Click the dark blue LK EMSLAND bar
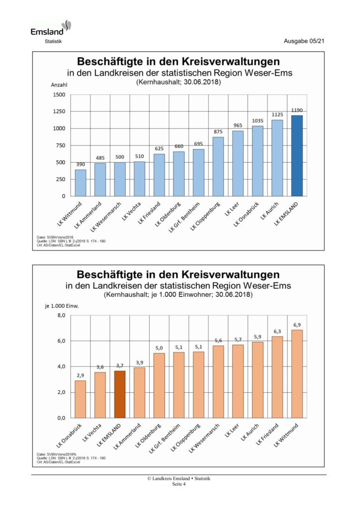pos(297,156)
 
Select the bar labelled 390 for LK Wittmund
pos(81,183)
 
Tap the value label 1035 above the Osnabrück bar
pos(258,121)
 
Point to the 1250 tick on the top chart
pos(59,111)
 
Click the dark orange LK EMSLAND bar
pos(120,394)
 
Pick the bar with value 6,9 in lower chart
pos(297,374)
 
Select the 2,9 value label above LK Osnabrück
pos(80,376)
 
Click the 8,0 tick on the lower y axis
pos(61,315)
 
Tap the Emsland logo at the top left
pos(51,28)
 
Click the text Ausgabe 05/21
pos(304,41)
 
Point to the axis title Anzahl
pos(59,85)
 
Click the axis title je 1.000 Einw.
pos(62,306)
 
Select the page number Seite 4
pos(179,484)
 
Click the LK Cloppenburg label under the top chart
pos(205,216)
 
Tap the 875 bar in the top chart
pos(218,167)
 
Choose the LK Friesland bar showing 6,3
pos(277,377)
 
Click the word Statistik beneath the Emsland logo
pos(53,41)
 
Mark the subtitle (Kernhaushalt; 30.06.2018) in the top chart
pos(178,82)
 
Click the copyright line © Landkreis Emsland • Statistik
pos(179,479)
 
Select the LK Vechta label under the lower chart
pos(92,432)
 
